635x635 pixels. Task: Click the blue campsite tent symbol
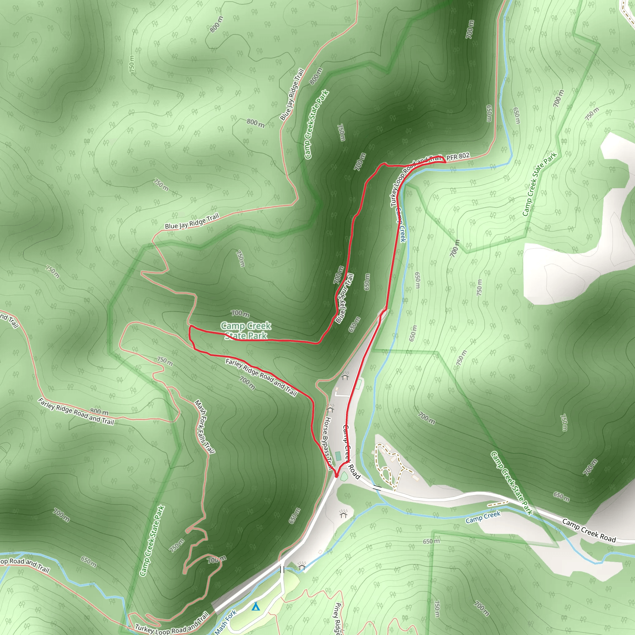256,606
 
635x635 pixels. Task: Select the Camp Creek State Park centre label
246,331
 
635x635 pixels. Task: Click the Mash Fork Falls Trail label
204,427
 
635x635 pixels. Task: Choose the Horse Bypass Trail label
327,442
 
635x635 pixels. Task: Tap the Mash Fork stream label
225,622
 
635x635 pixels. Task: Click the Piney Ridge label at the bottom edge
338,618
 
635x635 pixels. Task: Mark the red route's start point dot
336,476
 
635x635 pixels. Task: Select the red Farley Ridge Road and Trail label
261,377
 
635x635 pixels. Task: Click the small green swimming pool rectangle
338,456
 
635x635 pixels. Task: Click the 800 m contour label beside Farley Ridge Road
99,412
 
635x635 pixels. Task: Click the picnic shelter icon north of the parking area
345,376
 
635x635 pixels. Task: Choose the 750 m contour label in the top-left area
132,64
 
